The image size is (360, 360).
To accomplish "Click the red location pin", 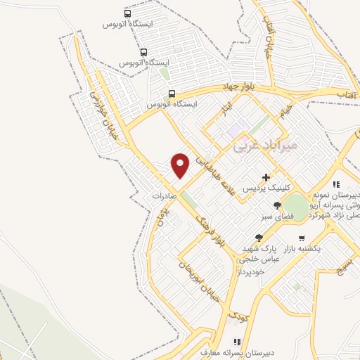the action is point(181,165).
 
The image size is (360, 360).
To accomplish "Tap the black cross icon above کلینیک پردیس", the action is point(265,177).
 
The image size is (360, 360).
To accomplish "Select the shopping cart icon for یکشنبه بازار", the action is point(302,238).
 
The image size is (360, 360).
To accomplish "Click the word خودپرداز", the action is point(251,271).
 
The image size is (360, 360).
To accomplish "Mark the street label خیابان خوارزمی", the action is point(104,117).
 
